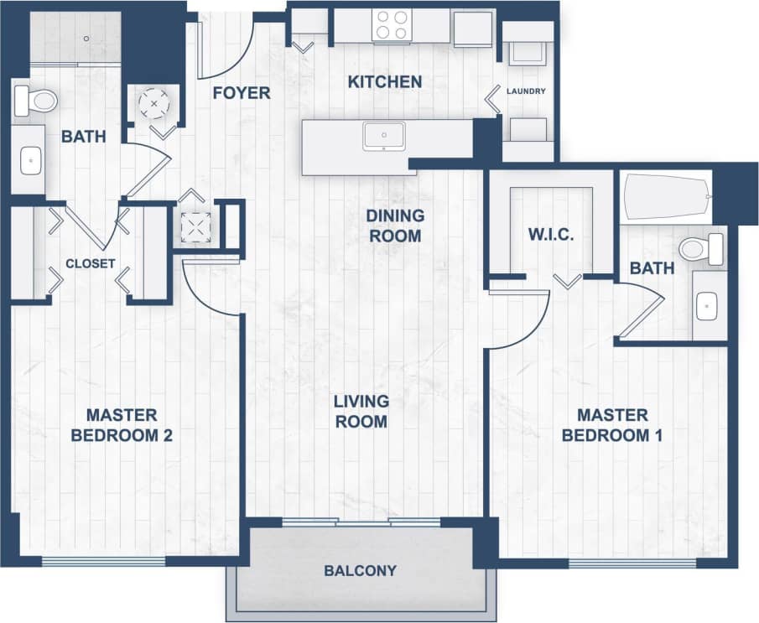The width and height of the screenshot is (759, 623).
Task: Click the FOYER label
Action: (242, 92)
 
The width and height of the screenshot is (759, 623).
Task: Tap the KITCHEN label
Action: (385, 81)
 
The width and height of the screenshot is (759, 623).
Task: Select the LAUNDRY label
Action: (527, 91)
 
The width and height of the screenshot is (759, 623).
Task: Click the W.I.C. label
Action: (551, 234)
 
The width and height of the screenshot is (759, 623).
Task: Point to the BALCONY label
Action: (360, 571)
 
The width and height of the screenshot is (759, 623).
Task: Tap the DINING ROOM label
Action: (395, 226)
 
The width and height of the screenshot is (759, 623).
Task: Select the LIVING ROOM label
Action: (361, 411)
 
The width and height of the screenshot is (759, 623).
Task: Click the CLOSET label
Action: (91, 263)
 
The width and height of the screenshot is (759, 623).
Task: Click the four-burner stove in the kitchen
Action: (390, 24)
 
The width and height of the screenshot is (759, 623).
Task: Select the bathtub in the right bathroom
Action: (667, 198)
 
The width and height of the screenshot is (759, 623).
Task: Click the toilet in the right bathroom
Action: (701, 248)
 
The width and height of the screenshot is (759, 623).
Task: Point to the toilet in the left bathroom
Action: (35, 101)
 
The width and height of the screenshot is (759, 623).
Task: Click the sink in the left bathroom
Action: (30, 157)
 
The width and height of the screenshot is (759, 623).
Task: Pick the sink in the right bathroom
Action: (710, 307)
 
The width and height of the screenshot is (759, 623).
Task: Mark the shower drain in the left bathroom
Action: (86, 39)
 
